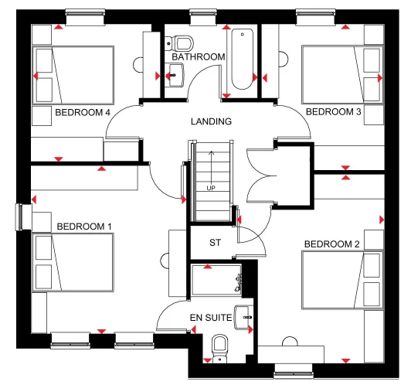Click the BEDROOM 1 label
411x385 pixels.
click(84, 227)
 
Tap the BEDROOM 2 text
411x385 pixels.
click(331, 244)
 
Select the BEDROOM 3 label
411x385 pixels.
click(334, 112)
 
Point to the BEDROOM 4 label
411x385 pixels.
click(83, 112)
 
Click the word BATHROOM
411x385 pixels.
click(199, 57)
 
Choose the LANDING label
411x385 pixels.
click(211, 122)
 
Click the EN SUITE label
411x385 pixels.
click(211, 319)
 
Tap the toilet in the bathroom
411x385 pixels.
click(183, 42)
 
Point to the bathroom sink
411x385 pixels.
click(173, 74)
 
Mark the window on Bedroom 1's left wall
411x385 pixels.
click(22, 216)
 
